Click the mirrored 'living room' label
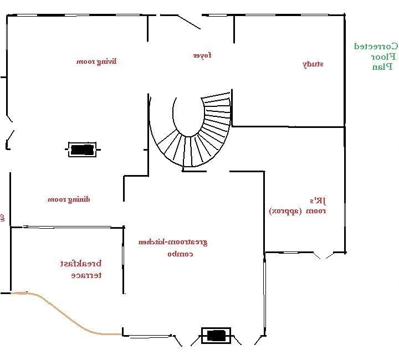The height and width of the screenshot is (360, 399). [96, 61]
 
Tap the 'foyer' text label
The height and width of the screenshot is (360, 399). [202, 55]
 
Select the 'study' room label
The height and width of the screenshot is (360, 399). [313, 64]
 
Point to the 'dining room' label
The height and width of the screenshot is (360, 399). [68, 199]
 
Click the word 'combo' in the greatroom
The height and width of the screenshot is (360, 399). [180, 254]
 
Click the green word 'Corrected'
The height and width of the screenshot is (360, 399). [376, 46]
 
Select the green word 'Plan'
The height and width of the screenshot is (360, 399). [382, 67]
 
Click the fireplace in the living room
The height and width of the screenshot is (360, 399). [81, 150]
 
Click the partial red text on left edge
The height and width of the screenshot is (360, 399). [2, 218]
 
